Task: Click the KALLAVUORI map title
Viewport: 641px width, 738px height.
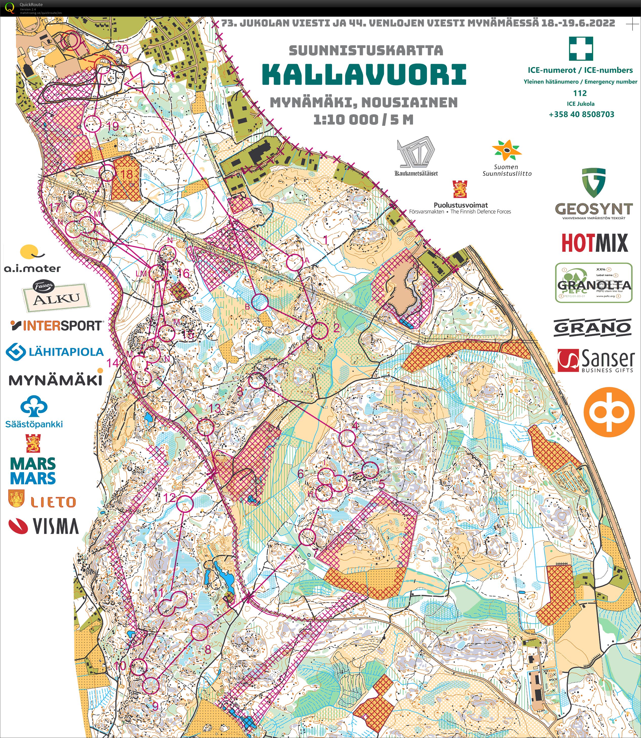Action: click(x=364, y=74)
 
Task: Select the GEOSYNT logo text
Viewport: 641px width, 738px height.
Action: click(x=594, y=209)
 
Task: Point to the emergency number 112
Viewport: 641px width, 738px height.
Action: click(x=580, y=93)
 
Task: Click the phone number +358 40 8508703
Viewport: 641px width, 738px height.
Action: click(x=581, y=114)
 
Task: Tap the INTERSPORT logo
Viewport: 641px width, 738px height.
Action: click(x=57, y=326)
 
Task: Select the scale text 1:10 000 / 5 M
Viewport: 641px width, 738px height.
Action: click(x=363, y=120)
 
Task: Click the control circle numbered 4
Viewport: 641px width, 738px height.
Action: click(x=347, y=438)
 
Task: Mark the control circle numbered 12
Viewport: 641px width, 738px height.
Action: click(x=184, y=503)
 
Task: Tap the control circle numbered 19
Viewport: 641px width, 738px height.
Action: click(x=92, y=124)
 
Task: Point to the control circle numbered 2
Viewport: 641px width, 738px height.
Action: click(x=319, y=330)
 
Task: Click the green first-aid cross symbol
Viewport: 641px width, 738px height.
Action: click(x=581, y=48)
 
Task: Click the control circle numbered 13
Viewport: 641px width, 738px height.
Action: click(x=206, y=427)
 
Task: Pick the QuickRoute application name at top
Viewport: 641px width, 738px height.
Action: click(x=31, y=5)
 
